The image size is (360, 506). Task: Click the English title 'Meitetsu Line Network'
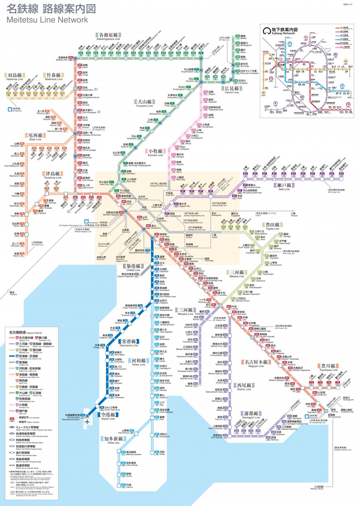47,20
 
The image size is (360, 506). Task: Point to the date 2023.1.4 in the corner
348,5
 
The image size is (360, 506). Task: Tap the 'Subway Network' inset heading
283,33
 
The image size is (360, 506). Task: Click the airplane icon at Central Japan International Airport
87,422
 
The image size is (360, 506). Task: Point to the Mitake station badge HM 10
238,37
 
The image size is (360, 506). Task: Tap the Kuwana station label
13,293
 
